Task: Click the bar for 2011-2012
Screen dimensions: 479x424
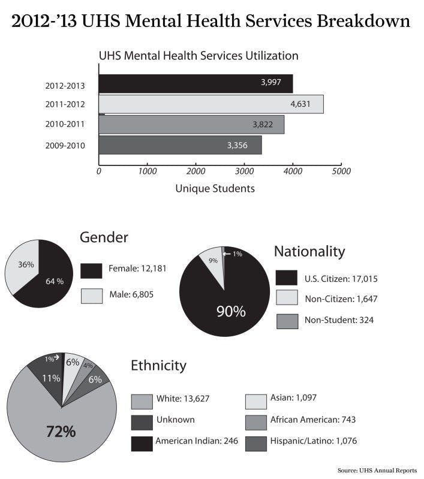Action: pos(211,104)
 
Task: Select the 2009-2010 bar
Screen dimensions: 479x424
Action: pos(180,145)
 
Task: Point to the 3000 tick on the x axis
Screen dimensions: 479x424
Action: pos(244,171)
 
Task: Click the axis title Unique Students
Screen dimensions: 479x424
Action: pos(215,188)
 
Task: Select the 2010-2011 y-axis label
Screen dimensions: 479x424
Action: pos(64,125)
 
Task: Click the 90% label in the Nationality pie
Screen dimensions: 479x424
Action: pos(231,312)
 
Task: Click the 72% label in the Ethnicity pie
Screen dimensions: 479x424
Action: pos(61,431)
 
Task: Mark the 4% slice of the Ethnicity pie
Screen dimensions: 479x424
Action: pos(88,366)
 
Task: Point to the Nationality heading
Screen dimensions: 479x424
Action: pos(309,251)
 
